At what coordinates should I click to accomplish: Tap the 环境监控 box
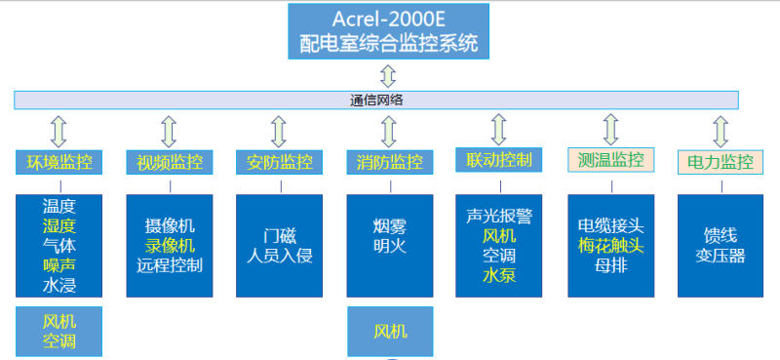(59, 162)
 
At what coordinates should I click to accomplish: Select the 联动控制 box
(499, 159)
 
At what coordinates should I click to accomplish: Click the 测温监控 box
(610, 159)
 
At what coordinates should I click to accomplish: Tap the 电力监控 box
(721, 162)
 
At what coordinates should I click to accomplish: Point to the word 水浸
(59, 286)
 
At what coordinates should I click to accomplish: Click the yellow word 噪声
(59, 265)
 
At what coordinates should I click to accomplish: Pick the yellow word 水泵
(499, 275)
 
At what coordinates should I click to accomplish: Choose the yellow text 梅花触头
(610, 246)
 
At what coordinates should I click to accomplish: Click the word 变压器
(721, 256)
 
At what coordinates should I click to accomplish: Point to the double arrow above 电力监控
(721, 131)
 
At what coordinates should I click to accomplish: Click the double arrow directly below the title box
(389, 75)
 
